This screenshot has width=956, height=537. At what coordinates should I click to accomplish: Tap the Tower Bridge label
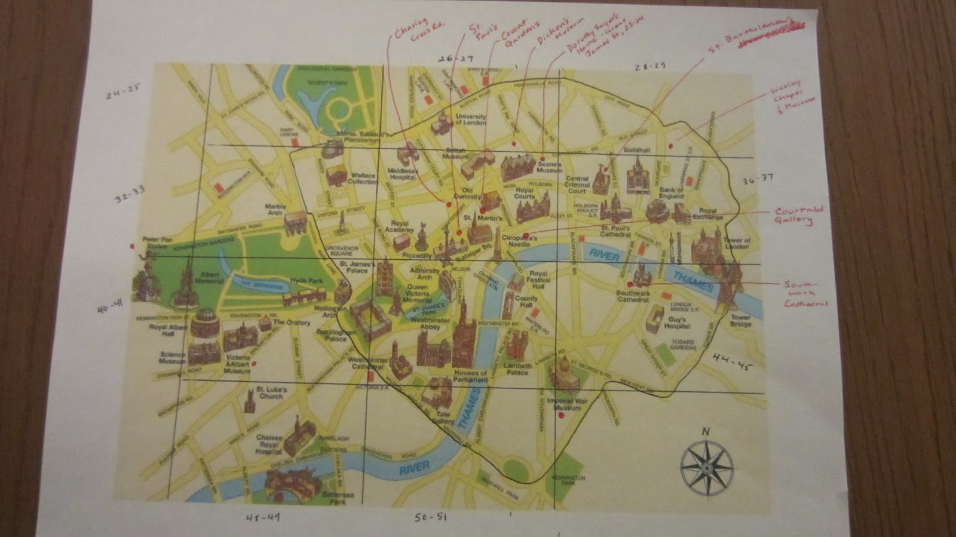740,321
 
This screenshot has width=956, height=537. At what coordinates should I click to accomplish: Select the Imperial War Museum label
565,404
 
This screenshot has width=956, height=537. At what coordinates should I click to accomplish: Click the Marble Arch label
276,210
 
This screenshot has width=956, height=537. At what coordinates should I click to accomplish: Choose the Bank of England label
671,193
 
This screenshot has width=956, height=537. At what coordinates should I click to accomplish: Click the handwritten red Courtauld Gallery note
799,216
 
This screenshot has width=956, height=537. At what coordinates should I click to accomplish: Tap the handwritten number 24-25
122,94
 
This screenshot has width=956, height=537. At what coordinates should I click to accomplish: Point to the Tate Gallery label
443,418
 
